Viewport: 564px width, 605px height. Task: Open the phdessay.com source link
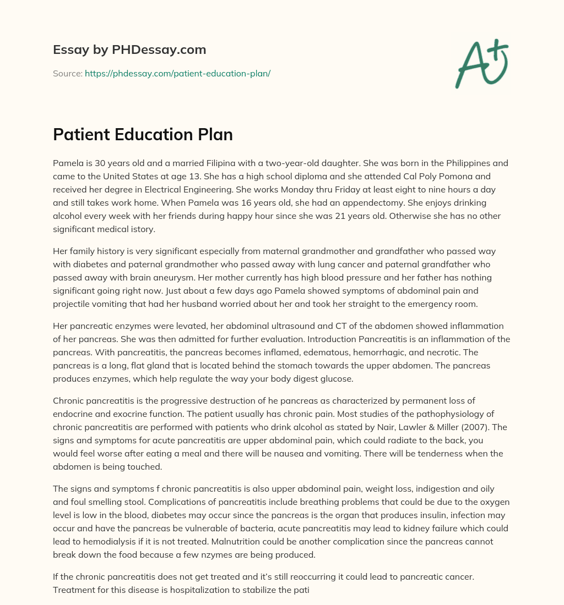coord(177,73)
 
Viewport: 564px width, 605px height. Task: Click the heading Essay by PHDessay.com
coord(129,50)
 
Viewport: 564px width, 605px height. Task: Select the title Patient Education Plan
coord(143,135)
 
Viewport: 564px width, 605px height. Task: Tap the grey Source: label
coord(67,73)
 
